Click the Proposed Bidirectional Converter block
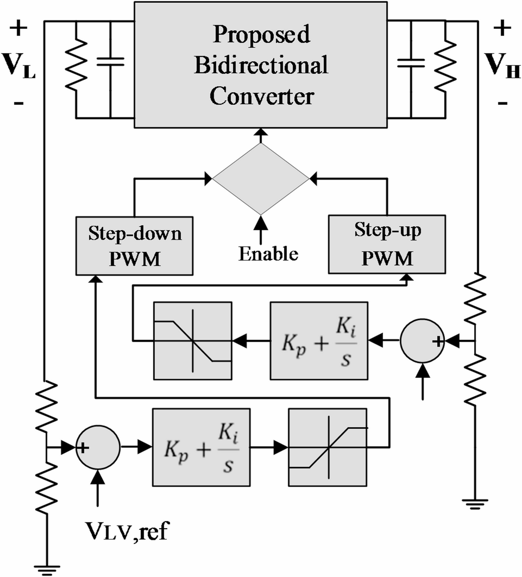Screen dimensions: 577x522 (x=261, y=65)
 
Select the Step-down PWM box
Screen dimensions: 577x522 (x=134, y=244)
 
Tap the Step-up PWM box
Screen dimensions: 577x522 (x=387, y=243)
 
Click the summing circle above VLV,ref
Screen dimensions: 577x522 (x=98, y=448)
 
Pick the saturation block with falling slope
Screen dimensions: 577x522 (x=193, y=340)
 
